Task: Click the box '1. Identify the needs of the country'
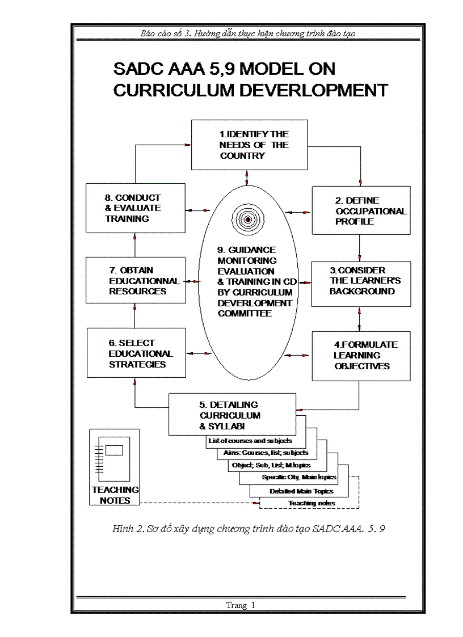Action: [249, 145]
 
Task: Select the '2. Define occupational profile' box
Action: [361, 210]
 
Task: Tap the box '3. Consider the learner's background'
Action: [361, 281]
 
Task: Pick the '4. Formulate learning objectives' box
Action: [361, 356]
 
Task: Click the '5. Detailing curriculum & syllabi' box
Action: [232, 415]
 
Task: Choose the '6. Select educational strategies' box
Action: [136, 354]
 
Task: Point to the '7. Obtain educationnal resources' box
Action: [136, 281]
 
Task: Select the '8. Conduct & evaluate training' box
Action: [136, 208]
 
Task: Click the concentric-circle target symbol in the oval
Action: [248, 220]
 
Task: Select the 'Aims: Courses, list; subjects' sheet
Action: [263, 453]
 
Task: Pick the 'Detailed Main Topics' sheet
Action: [298, 491]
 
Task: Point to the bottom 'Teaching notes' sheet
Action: [312, 503]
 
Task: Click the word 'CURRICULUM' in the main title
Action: [178, 91]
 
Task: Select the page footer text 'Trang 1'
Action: [241, 605]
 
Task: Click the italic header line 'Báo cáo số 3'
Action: [248, 33]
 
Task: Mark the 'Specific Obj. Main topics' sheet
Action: [299, 477]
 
